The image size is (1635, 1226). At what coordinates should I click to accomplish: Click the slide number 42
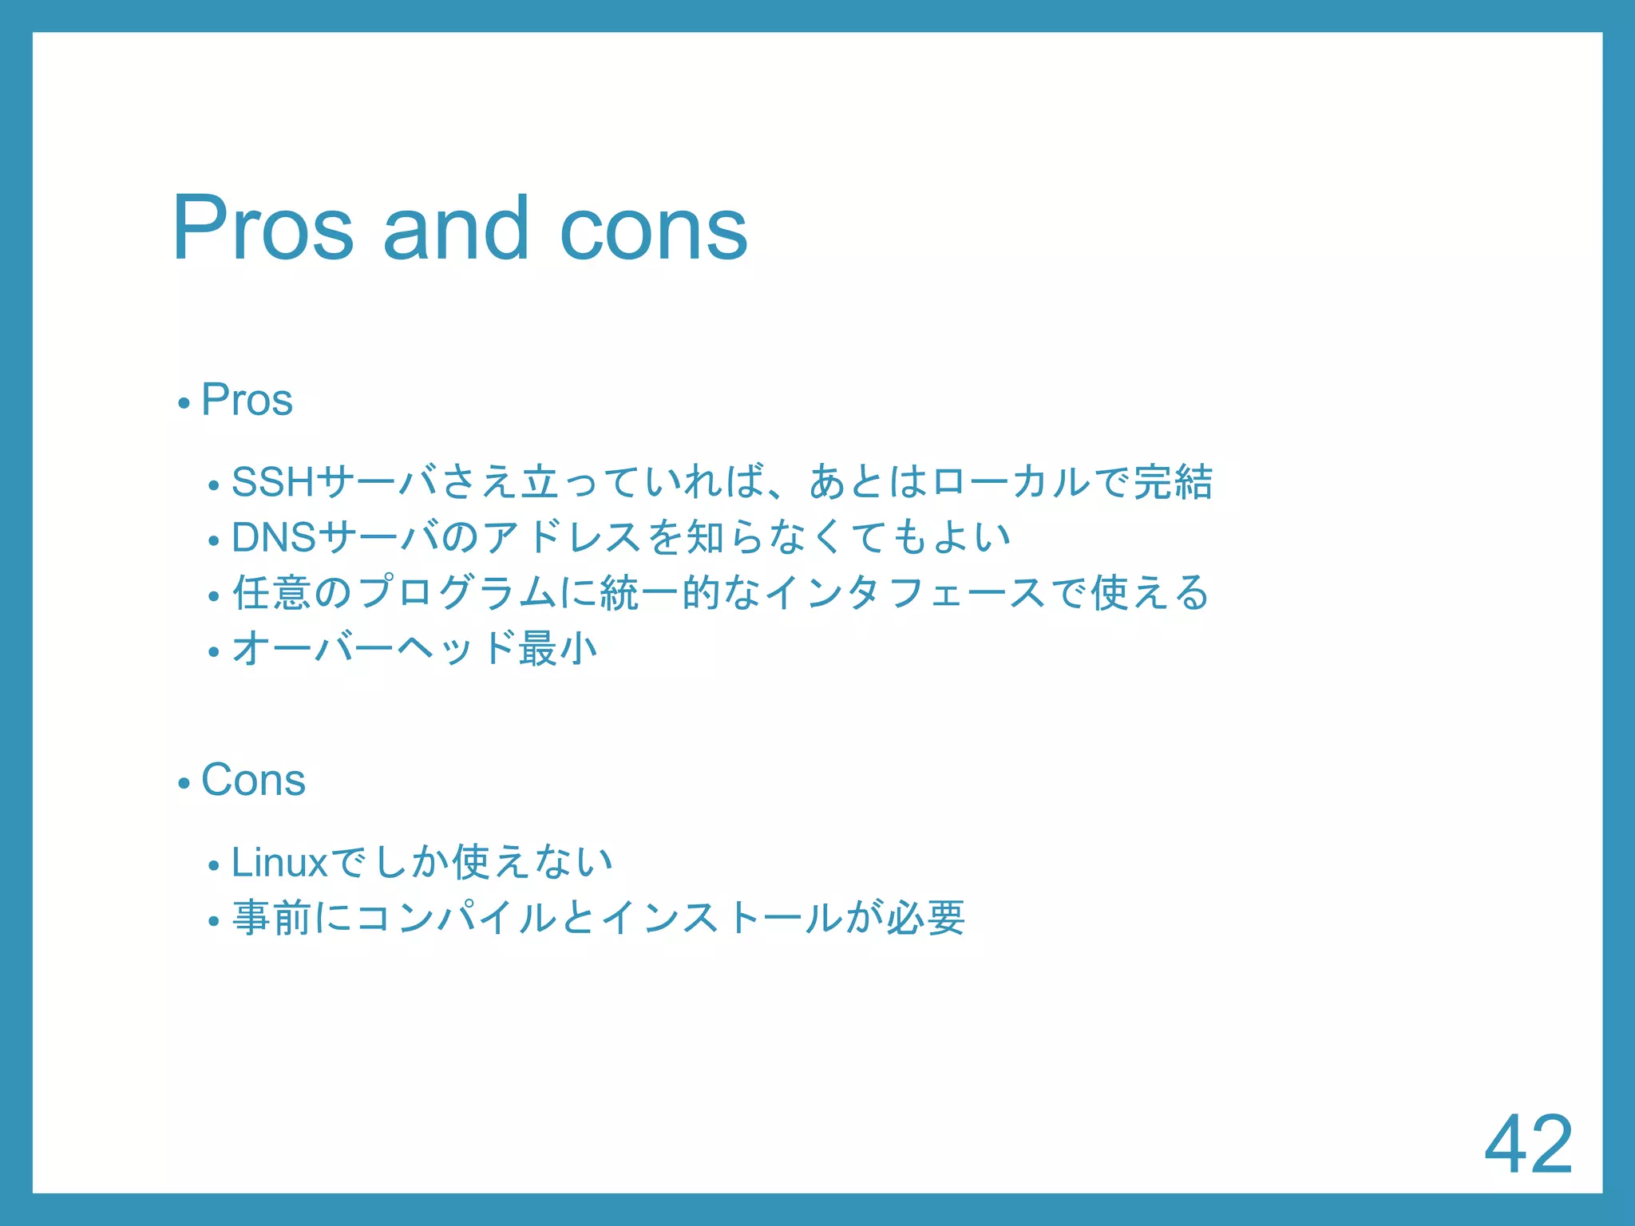(x=1528, y=1145)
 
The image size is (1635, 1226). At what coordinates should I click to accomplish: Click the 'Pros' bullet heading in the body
(x=247, y=399)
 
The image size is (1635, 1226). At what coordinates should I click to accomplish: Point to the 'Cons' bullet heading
(x=253, y=780)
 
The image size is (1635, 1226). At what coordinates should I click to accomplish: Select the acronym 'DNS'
(x=274, y=537)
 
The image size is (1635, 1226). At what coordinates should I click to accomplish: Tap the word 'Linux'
(x=279, y=862)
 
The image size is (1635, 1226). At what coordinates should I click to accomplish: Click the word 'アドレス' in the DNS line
(x=562, y=537)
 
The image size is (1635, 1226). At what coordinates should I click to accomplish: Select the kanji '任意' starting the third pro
(x=271, y=593)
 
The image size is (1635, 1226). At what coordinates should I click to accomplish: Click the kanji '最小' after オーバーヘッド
(x=558, y=648)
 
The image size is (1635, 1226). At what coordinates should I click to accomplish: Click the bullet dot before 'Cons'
(x=184, y=784)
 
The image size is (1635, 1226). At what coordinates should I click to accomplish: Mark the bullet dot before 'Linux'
(x=213, y=866)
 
